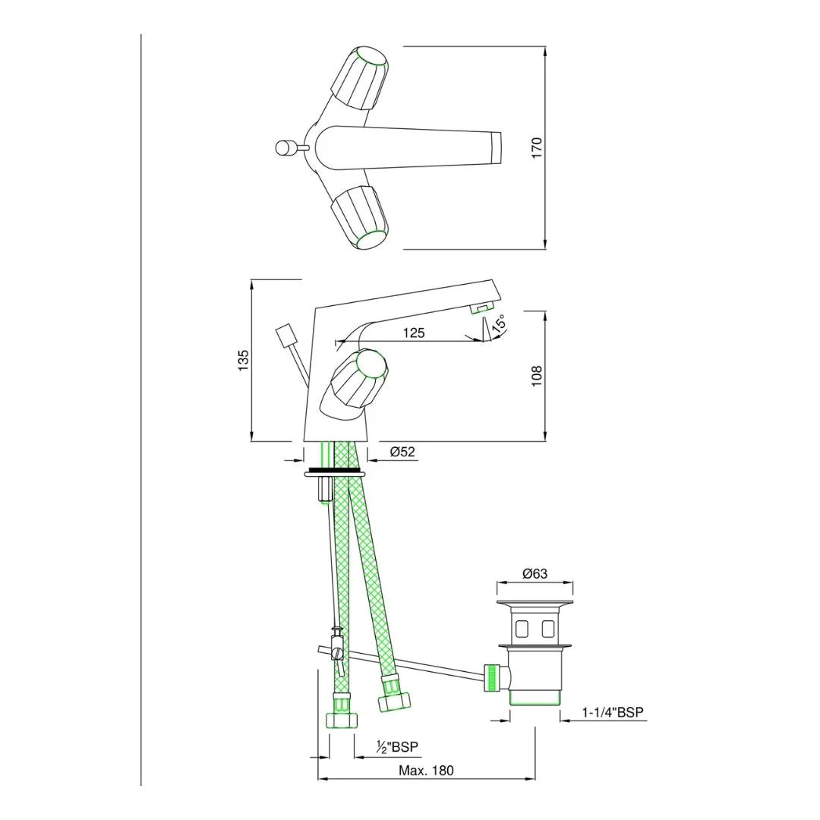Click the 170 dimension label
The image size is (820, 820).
(x=537, y=147)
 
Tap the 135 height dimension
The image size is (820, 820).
(x=243, y=360)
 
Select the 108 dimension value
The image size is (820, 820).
(x=537, y=375)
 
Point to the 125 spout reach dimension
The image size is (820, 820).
(x=414, y=333)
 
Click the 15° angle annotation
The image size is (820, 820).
(x=500, y=324)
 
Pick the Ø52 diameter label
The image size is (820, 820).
(x=402, y=452)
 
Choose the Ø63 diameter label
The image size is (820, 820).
(x=535, y=574)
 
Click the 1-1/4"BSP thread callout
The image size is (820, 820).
(x=613, y=712)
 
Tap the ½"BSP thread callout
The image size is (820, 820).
(x=397, y=747)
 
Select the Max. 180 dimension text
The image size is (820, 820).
(x=426, y=770)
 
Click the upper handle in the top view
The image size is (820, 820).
(x=361, y=79)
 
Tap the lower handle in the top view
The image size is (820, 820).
(x=360, y=217)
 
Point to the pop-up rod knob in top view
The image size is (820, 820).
(x=285, y=147)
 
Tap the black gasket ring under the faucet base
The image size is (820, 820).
(x=334, y=471)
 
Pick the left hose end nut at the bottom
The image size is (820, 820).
(x=341, y=717)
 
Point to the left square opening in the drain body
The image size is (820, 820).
(x=522, y=628)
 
